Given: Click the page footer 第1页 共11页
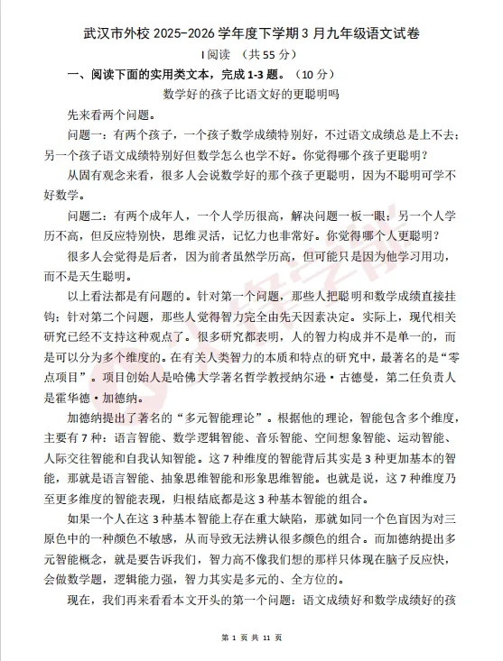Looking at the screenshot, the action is pyautogui.click(x=252, y=638).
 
